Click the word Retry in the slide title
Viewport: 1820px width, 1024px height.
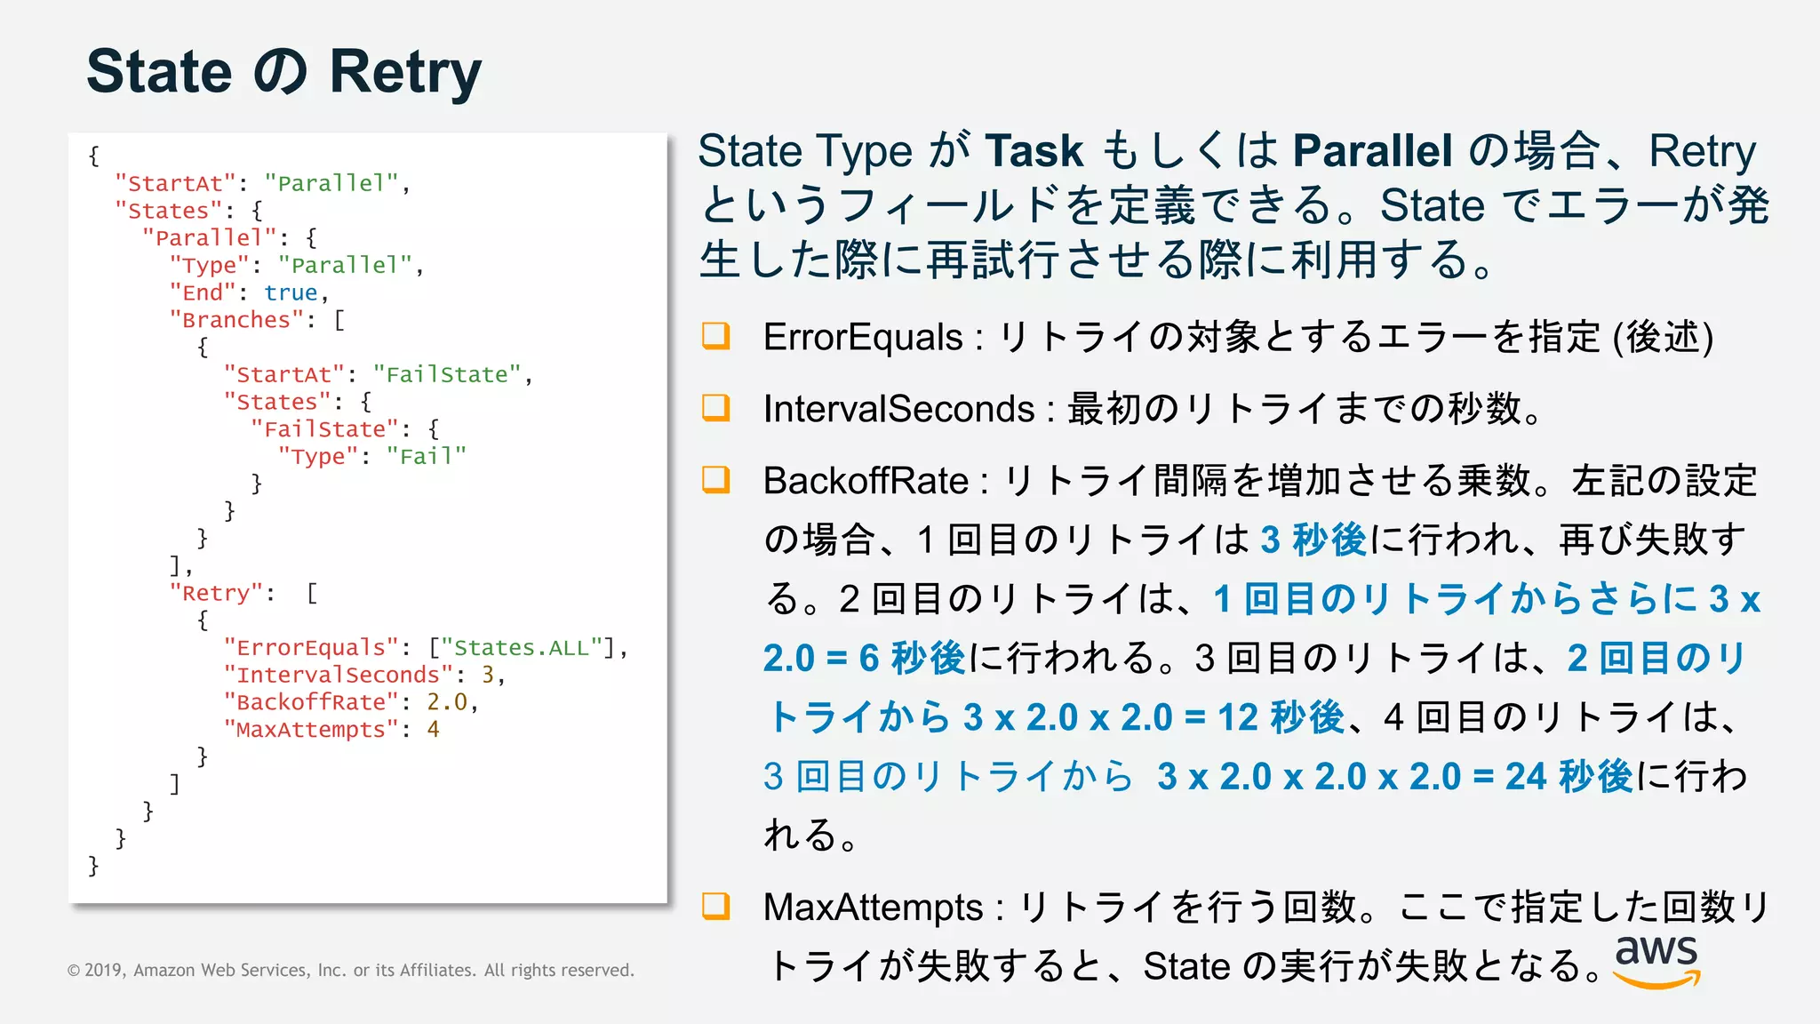(x=405, y=72)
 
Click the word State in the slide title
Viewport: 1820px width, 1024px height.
(x=159, y=72)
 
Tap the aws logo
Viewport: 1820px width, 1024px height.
(x=1656, y=960)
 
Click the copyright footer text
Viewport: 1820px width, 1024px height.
(x=351, y=970)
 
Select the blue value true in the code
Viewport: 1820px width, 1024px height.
(x=291, y=292)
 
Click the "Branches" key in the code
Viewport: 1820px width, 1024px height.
(x=236, y=320)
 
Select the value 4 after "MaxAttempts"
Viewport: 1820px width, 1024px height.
(x=433, y=730)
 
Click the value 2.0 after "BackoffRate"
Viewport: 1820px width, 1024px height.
(x=446, y=702)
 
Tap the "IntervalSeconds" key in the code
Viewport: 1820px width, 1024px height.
(x=338, y=676)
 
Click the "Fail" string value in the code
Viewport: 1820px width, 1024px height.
(x=427, y=457)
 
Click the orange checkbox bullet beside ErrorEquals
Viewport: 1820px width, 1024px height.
(x=715, y=335)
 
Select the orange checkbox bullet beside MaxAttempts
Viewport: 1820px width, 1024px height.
(x=715, y=906)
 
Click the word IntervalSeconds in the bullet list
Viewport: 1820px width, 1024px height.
(x=898, y=410)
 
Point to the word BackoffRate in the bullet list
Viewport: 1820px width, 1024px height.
(x=866, y=481)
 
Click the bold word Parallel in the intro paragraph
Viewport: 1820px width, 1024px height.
(x=1372, y=151)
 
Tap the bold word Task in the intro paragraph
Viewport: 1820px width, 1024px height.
(x=1034, y=151)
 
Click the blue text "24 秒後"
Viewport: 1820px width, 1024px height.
(x=1569, y=777)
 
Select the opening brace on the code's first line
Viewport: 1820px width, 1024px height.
(x=94, y=156)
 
